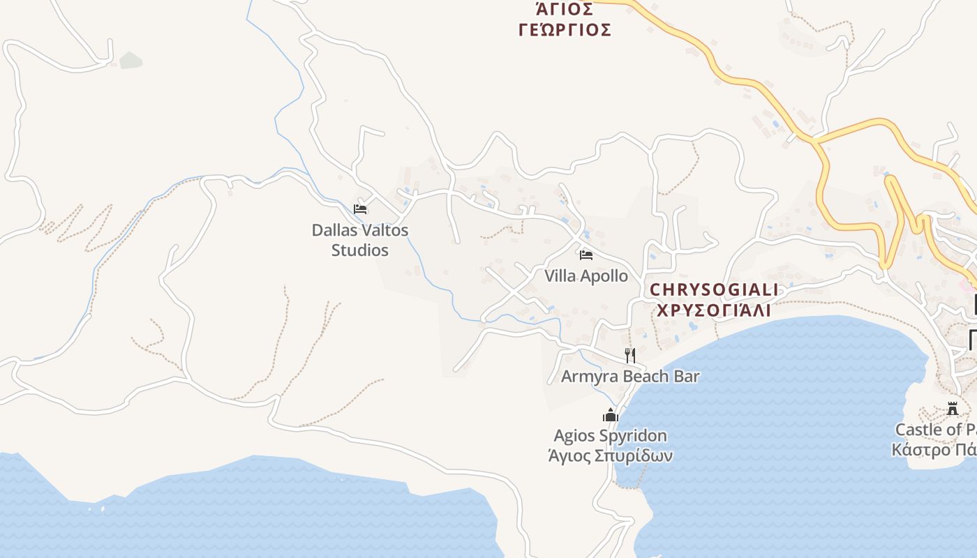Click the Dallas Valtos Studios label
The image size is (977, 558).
point(359,239)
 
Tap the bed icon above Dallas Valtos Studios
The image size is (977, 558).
point(360,209)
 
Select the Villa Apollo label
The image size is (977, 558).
point(586,276)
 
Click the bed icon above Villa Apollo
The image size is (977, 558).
point(586,255)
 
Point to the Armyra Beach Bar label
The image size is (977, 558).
point(630,376)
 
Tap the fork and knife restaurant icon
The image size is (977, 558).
point(629,356)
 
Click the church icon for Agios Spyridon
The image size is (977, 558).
point(611,416)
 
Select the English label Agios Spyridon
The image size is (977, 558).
point(610,436)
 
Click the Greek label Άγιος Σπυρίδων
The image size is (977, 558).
point(610,456)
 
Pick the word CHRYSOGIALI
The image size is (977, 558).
point(714,289)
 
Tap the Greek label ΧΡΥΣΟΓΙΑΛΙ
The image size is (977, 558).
point(714,310)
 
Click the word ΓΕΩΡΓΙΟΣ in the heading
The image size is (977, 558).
point(565,30)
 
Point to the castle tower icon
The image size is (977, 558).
point(953,409)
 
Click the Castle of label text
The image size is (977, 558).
point(935,429)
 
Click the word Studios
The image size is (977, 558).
point(359,250)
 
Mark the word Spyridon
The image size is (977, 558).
point(634,436)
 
